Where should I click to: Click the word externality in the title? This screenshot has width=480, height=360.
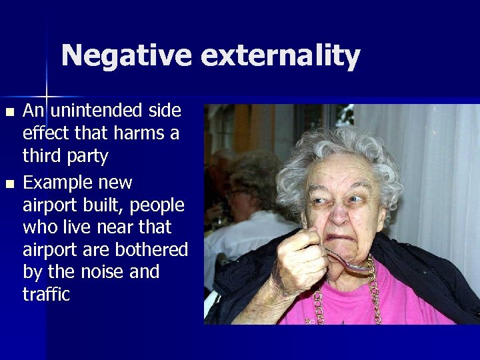(x=280, y=56)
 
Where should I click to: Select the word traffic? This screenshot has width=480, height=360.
(x=46, y=295)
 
